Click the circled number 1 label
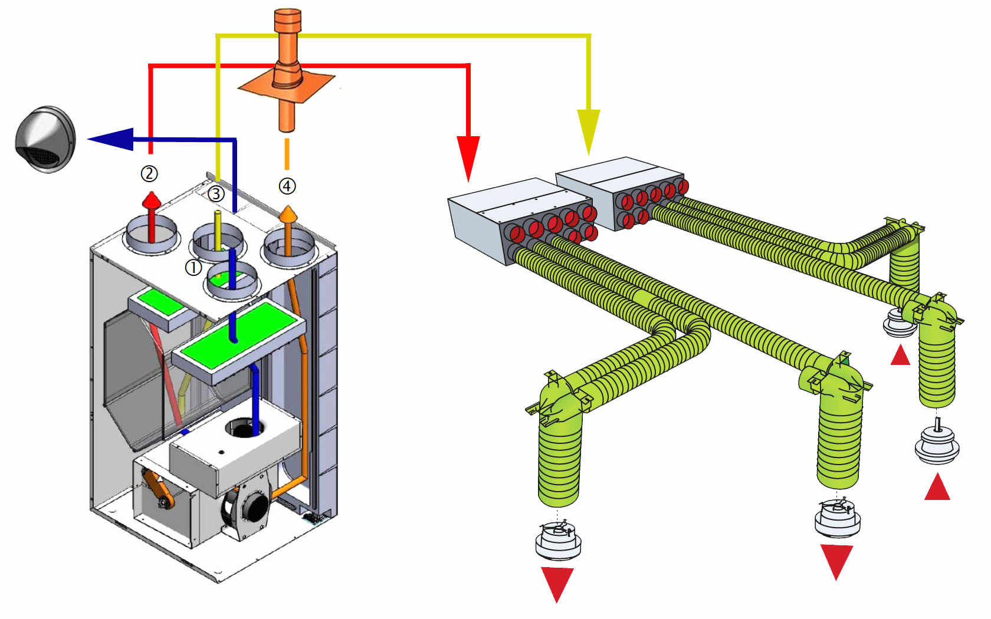[x=193, y=268]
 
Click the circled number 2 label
[x=149, y=173]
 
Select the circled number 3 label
[x=216, y=193]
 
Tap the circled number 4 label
[x=287, y=186]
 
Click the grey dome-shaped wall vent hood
[x=45, y=140]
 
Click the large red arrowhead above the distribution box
[x=468, y=156]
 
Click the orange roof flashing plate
[x=287, y=86]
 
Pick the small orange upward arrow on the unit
[x=288, y=213]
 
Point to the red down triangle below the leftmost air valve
[x=557, y=582]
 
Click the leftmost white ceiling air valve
[x=558, y=540]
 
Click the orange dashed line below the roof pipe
[x=287, y=153]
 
